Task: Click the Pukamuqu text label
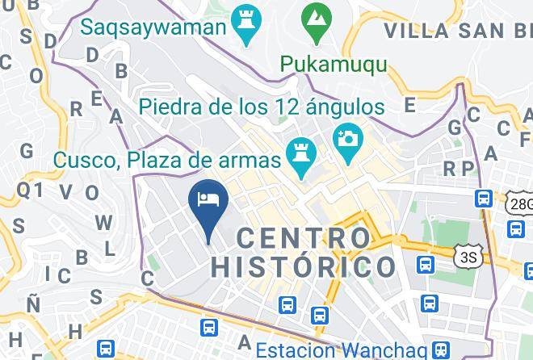[334, 64]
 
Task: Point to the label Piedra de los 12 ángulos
[260, 106]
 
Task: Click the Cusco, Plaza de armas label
[167, 159]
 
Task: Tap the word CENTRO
[304, 238]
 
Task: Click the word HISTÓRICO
[304, 266]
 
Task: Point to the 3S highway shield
[468, 257]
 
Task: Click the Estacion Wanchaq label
[342, 350]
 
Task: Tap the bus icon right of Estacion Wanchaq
[440, 349]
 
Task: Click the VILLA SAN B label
[457, 31]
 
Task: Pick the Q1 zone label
[30, 189]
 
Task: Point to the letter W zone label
[103, 222]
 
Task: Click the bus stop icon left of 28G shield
[485, 198]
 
